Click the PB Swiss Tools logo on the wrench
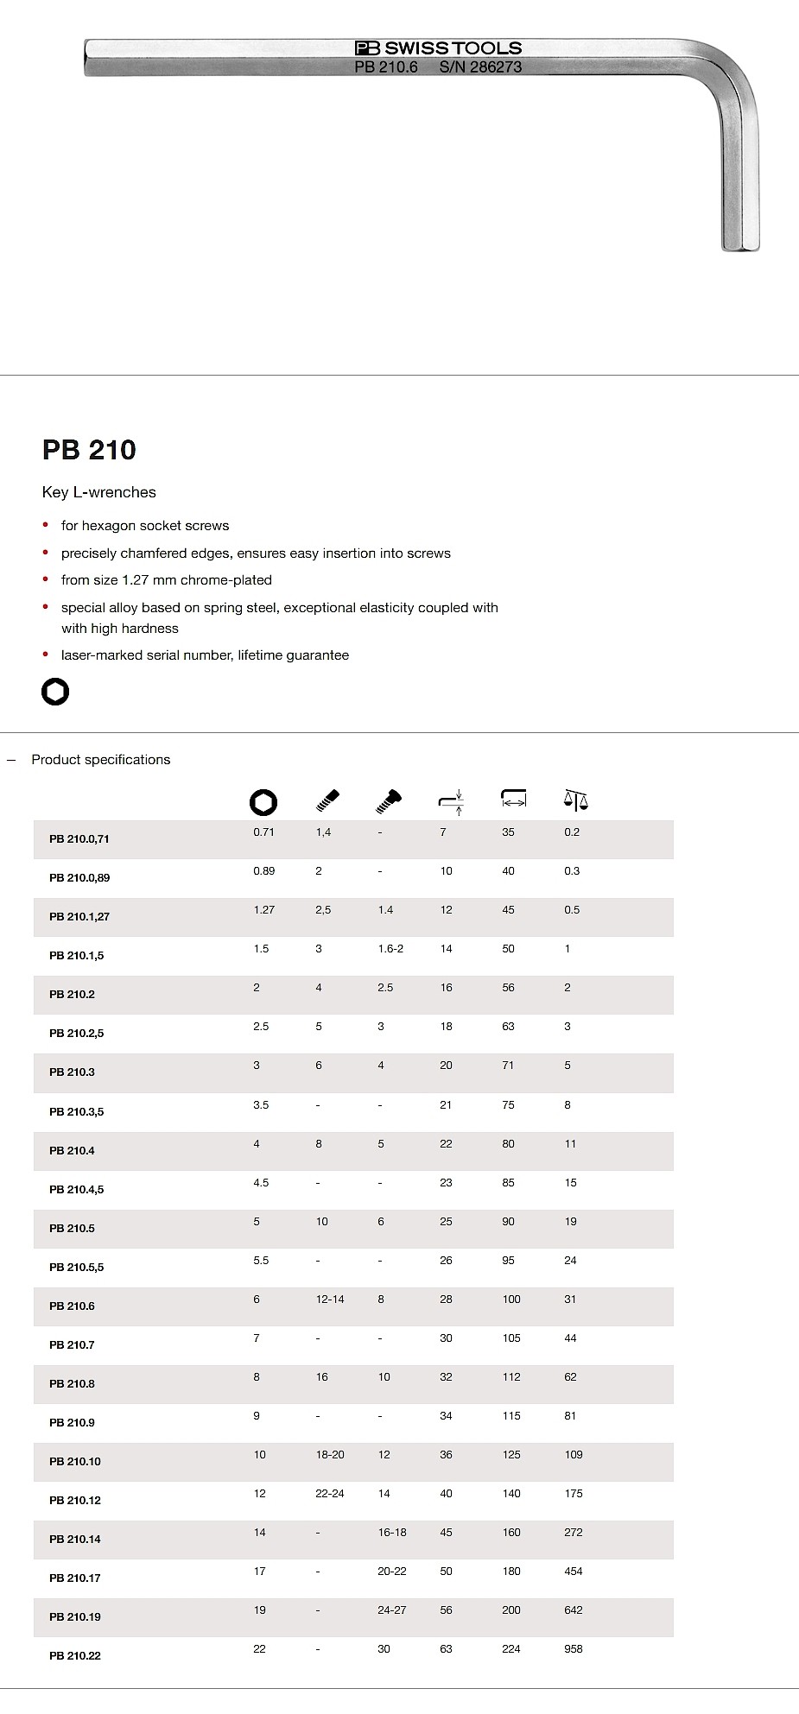point(439,48)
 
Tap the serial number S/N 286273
point(480,66)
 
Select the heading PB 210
point(89,450)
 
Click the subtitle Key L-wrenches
point(99,492)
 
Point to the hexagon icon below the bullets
point(55,692)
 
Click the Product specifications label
point(101,760)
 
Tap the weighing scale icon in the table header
point(574,800)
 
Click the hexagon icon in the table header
point(263,802)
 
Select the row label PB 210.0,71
point(79,839)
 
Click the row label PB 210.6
point(72,1306)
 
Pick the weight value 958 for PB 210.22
point(574,1649)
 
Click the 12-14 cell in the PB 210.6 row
point(330,1300)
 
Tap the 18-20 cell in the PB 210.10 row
point(330,1455)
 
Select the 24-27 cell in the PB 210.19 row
point(392,1610)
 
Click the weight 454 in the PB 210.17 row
point(574,1572)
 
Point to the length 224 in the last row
point(511,1649)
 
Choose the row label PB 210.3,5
point(77,1112)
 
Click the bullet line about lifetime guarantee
point(205,655)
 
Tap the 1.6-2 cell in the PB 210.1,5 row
point(390,949)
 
